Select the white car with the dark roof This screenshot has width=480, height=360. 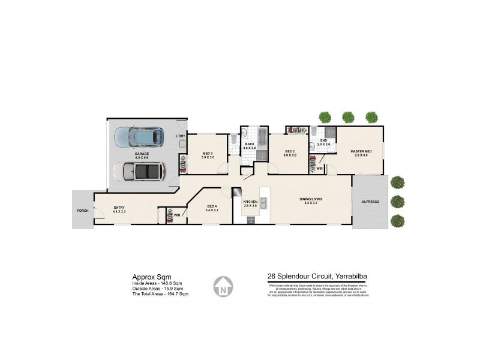[x=142, y=172]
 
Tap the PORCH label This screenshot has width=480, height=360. [x=82, y=211]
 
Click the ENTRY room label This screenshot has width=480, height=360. [x=119, y=209]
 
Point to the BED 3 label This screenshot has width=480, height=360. [x=208, y=154]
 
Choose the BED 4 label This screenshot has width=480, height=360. [x=211, y=206]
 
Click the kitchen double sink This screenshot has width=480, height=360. [x=263, y=207]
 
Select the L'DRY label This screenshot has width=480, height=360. [x=180, y=136]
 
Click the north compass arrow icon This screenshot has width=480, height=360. [x=223, y=286]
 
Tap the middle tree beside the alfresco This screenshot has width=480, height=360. [x=397, y=201]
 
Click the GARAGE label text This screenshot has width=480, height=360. [x=142, y=154]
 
